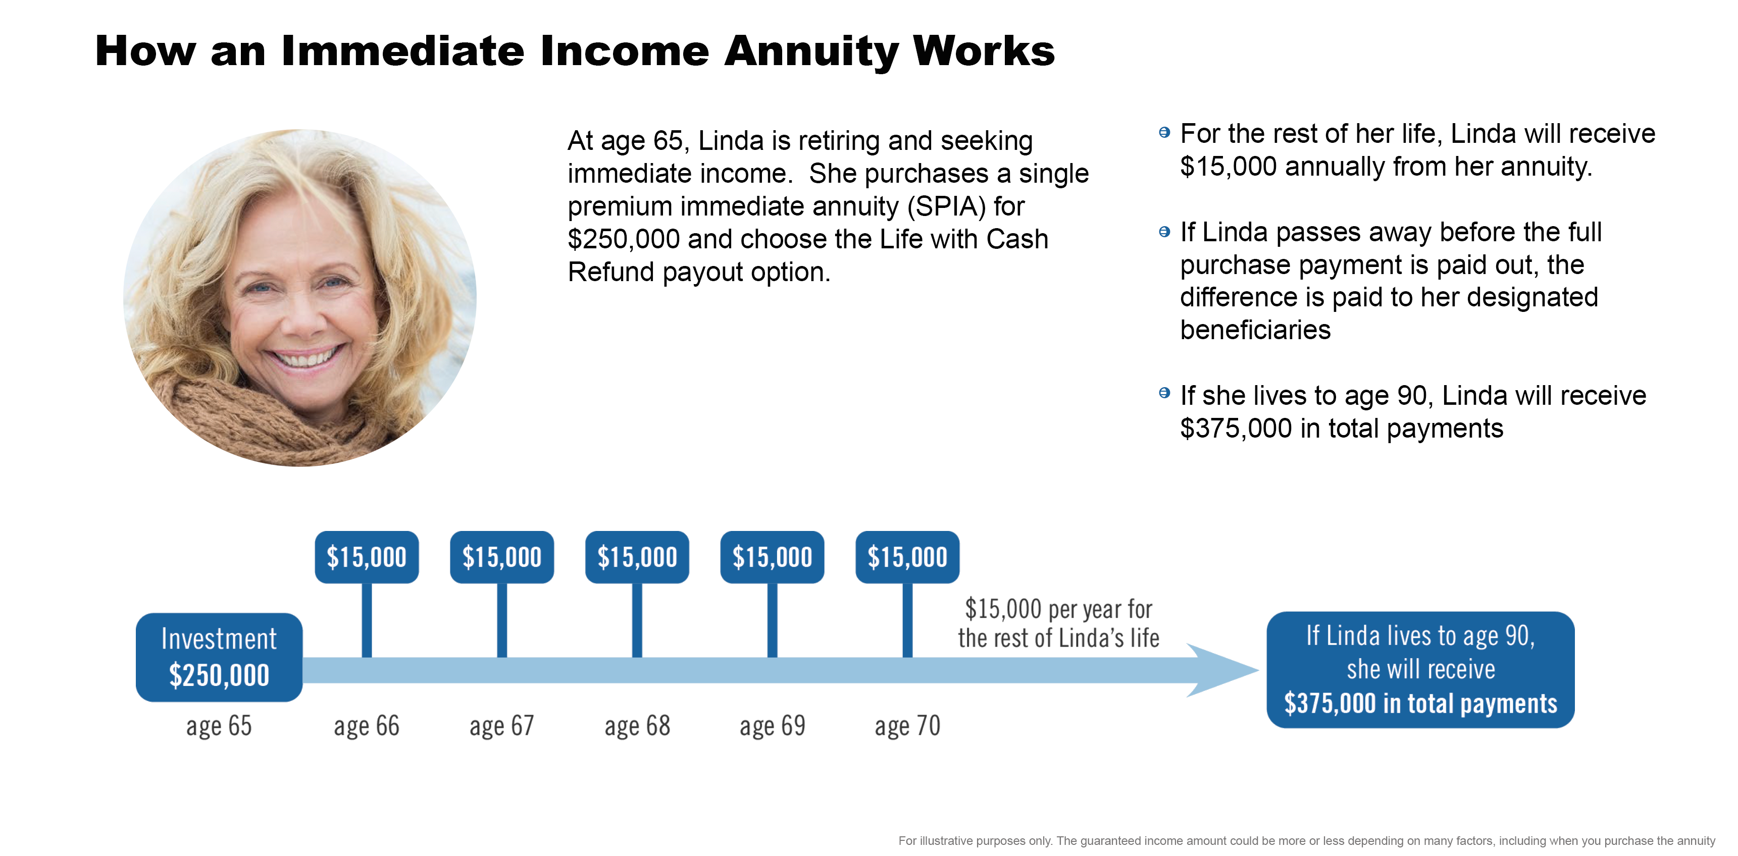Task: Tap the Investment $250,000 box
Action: (219, 657)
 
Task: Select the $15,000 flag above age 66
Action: (367, 557)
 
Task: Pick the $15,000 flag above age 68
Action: (637, 557)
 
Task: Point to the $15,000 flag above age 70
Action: (907, 557)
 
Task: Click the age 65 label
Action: (219, 726)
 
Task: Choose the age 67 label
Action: (501, 726)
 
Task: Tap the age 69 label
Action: (773, 726)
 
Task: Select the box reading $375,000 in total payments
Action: (1420, 670)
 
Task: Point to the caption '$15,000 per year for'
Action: (1058, 609)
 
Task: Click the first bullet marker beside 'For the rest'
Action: (1164, 132)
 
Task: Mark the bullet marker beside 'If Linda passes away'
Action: (1164, 231)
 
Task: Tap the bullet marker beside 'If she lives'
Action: (1164, 393)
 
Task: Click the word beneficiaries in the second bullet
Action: (1255, 330)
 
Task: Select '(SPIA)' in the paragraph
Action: (946, 206)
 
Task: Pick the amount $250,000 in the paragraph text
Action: (624, 239)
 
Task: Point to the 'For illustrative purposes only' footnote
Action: (1306, 840)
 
